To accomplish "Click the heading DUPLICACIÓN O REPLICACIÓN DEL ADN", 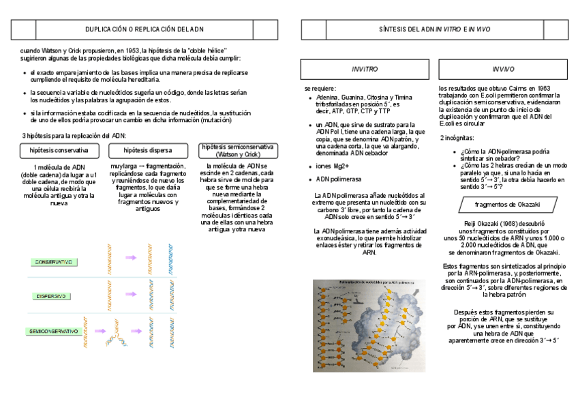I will click(144, 29).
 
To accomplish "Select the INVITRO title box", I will click(364, 70).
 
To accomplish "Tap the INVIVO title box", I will click(503, 70).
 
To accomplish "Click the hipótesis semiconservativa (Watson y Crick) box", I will click(237, 151).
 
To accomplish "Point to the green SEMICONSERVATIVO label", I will click(54, 331).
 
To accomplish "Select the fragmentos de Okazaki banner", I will click(505, 204).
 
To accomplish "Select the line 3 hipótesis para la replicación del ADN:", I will click(65, 136).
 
